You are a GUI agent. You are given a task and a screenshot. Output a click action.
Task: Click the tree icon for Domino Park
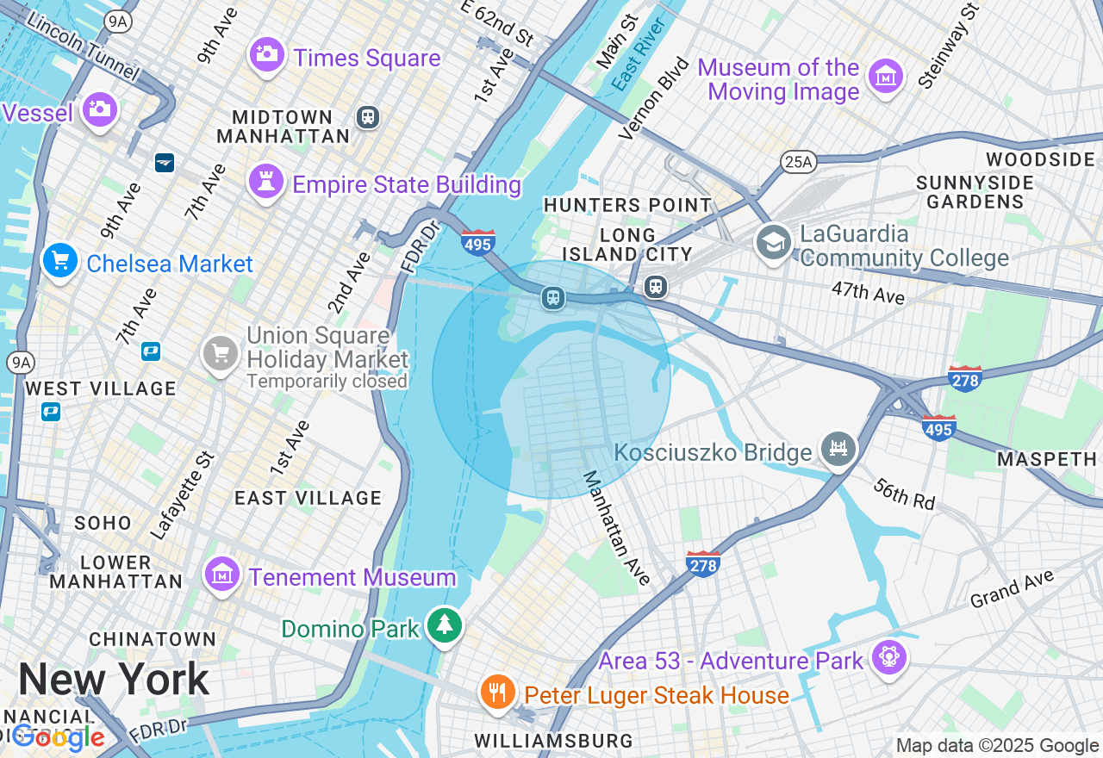pos(445,625)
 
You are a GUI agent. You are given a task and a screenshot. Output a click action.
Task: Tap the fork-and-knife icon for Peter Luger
pos(497,693)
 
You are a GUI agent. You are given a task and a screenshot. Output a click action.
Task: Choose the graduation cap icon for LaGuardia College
pos(774,243)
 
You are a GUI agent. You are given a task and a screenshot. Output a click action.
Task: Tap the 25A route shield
pos(798,161)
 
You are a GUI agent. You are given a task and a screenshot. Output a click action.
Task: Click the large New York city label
pos(114,680)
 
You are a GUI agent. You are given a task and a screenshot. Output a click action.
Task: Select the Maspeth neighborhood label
pos(1047,459)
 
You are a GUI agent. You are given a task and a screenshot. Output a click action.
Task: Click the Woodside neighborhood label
pos(1040,159)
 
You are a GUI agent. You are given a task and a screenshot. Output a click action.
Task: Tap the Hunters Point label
pos(628,205)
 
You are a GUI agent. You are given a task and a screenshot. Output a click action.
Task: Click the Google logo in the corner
pos(59,737)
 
